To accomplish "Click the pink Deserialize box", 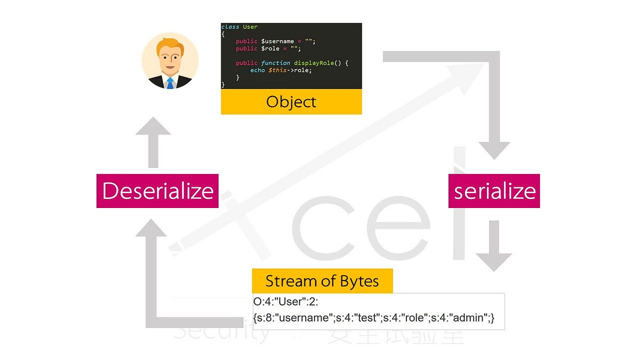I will (158, 191).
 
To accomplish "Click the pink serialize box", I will (494, 191).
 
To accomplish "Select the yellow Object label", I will (291, 102).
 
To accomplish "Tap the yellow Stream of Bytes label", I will (322, 281).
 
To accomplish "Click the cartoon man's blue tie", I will (170, 83).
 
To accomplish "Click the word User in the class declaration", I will (250, 27).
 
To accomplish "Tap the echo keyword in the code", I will (258, 70).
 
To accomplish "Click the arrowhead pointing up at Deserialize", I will (153, 229).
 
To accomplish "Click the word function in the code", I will (275, 63).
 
